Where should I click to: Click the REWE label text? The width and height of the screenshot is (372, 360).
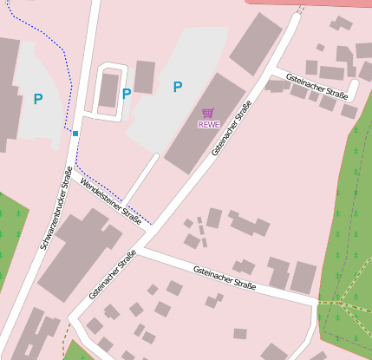point(208,124)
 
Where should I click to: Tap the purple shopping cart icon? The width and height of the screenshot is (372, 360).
point(208,113)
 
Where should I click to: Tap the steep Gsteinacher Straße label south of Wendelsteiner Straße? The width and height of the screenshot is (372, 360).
point(114,275)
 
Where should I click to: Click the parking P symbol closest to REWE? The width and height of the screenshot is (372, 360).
point(178,86)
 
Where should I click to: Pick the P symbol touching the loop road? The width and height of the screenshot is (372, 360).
point(127,94)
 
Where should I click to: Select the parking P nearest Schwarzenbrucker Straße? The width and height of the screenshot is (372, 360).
point(37,99)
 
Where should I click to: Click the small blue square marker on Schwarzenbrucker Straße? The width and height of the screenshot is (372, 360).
point(75,134)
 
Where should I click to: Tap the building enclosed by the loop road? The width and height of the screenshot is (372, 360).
point(109,90)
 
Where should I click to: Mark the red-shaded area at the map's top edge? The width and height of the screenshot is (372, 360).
point(312,4)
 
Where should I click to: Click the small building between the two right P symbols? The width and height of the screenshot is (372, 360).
point(145,76)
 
